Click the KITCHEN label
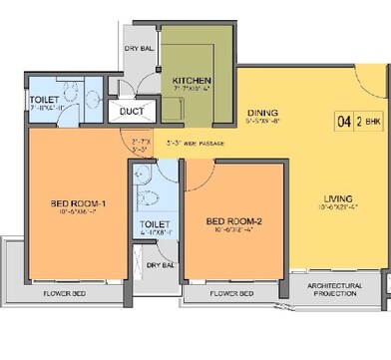(x=190, y=81)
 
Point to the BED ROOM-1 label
(x=81, y=206)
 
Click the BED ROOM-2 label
(x=232, y=221)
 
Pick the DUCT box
(x=131, y=111)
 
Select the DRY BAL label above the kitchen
(x=138, y=47)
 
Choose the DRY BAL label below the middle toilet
(x=161, y=265)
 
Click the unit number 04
(x=343, y=125)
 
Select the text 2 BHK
(x=367, y=125)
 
